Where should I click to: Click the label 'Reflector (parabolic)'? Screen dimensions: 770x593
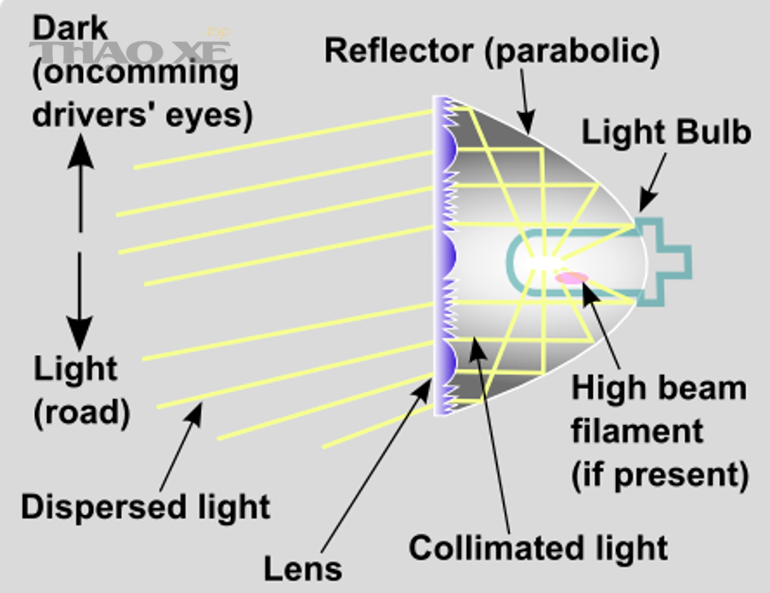click(x=492, y=51)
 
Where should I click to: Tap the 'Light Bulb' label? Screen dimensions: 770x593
click(x=666, y=132)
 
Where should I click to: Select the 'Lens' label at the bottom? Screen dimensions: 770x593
click(x=303, y=569)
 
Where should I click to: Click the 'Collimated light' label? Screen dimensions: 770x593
click(x=538, y=548)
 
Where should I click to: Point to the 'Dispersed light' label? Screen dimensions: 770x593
click(x=145, y=507)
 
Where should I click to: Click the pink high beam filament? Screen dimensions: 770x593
click(x=572, y=278)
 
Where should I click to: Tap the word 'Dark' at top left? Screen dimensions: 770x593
click(x=70, y=28)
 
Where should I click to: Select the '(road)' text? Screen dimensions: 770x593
click(x=82, y=412)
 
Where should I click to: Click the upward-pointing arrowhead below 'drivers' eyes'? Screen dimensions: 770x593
click(x=80, y=151)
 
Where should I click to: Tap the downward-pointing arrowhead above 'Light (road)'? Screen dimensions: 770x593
click(x=80, y=334)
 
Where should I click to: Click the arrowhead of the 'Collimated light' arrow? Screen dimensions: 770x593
click(x=477, y=347)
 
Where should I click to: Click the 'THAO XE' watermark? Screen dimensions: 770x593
click(x=130, y=52)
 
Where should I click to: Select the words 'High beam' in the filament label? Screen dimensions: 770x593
click(x=659, y=388)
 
